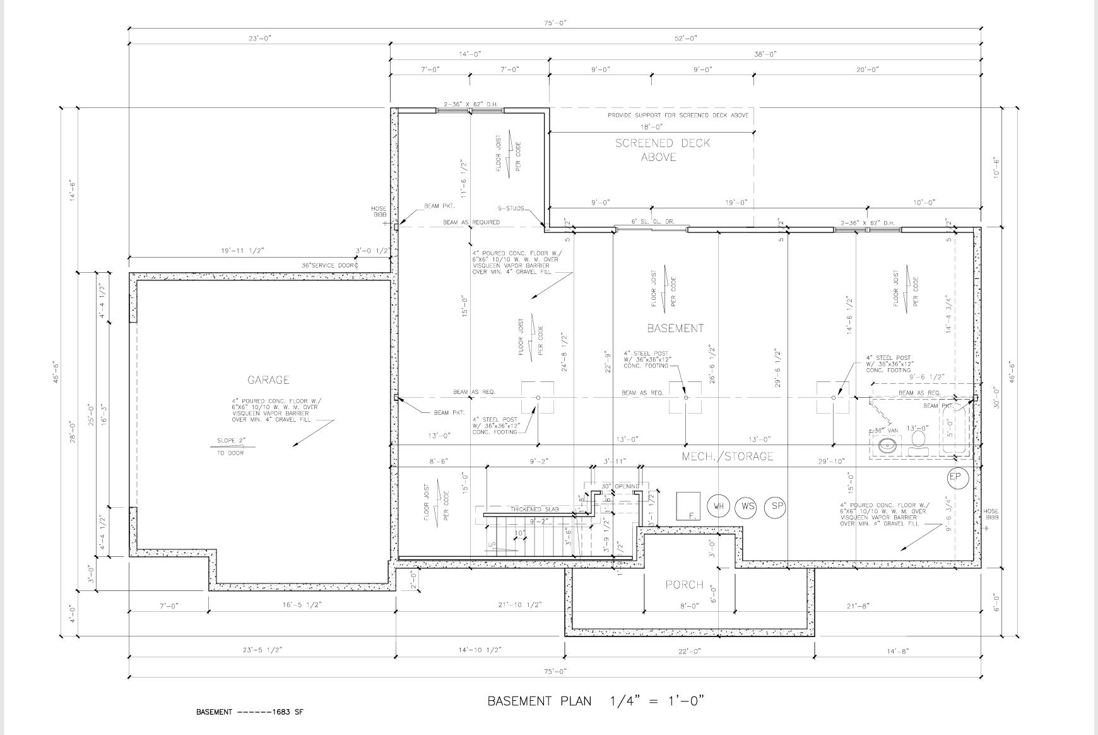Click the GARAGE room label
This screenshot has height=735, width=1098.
coord(268,379)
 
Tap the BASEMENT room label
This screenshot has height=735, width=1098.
coord(675,328)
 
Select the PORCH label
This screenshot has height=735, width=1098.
coord(684,584)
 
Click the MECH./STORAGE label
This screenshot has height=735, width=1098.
coord(727,456)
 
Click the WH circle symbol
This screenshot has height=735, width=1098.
coord(718,506)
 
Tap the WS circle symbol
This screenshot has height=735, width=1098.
coord(747,506)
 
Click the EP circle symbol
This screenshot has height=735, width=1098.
coord(957,477)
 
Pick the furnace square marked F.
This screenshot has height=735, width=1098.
coord(688,505)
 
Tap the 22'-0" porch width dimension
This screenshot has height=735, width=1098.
coord(689,650)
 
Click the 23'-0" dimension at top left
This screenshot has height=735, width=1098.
coord(259,39)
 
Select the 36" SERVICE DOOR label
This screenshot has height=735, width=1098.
coord(329,266)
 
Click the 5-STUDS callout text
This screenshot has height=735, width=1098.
coord(511,208)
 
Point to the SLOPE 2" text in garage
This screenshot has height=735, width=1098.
coord(230,441)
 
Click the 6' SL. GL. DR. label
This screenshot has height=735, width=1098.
coord(652,222)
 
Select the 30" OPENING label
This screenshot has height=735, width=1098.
coord(621,486)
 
